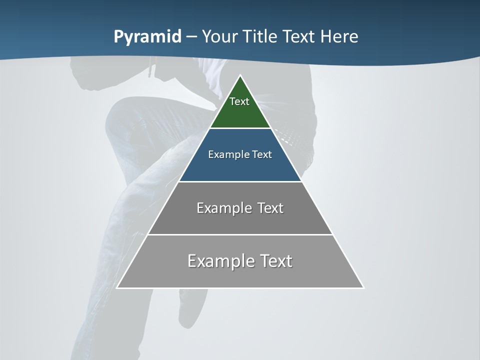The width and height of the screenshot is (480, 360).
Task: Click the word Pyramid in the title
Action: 147,37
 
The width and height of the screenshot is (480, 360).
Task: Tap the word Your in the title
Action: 220,36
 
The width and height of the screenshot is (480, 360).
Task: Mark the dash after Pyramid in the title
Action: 191,37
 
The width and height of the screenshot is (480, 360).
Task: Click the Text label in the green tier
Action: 239,101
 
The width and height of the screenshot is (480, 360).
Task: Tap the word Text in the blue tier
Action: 262,154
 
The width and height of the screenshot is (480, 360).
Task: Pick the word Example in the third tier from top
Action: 223,208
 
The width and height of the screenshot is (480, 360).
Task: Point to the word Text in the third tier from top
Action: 270,208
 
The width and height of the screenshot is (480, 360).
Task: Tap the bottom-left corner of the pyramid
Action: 117,287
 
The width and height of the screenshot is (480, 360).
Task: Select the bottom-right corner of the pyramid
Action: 363,287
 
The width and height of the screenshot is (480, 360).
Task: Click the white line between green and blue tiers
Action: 240,128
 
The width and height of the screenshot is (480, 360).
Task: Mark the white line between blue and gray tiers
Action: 240,181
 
